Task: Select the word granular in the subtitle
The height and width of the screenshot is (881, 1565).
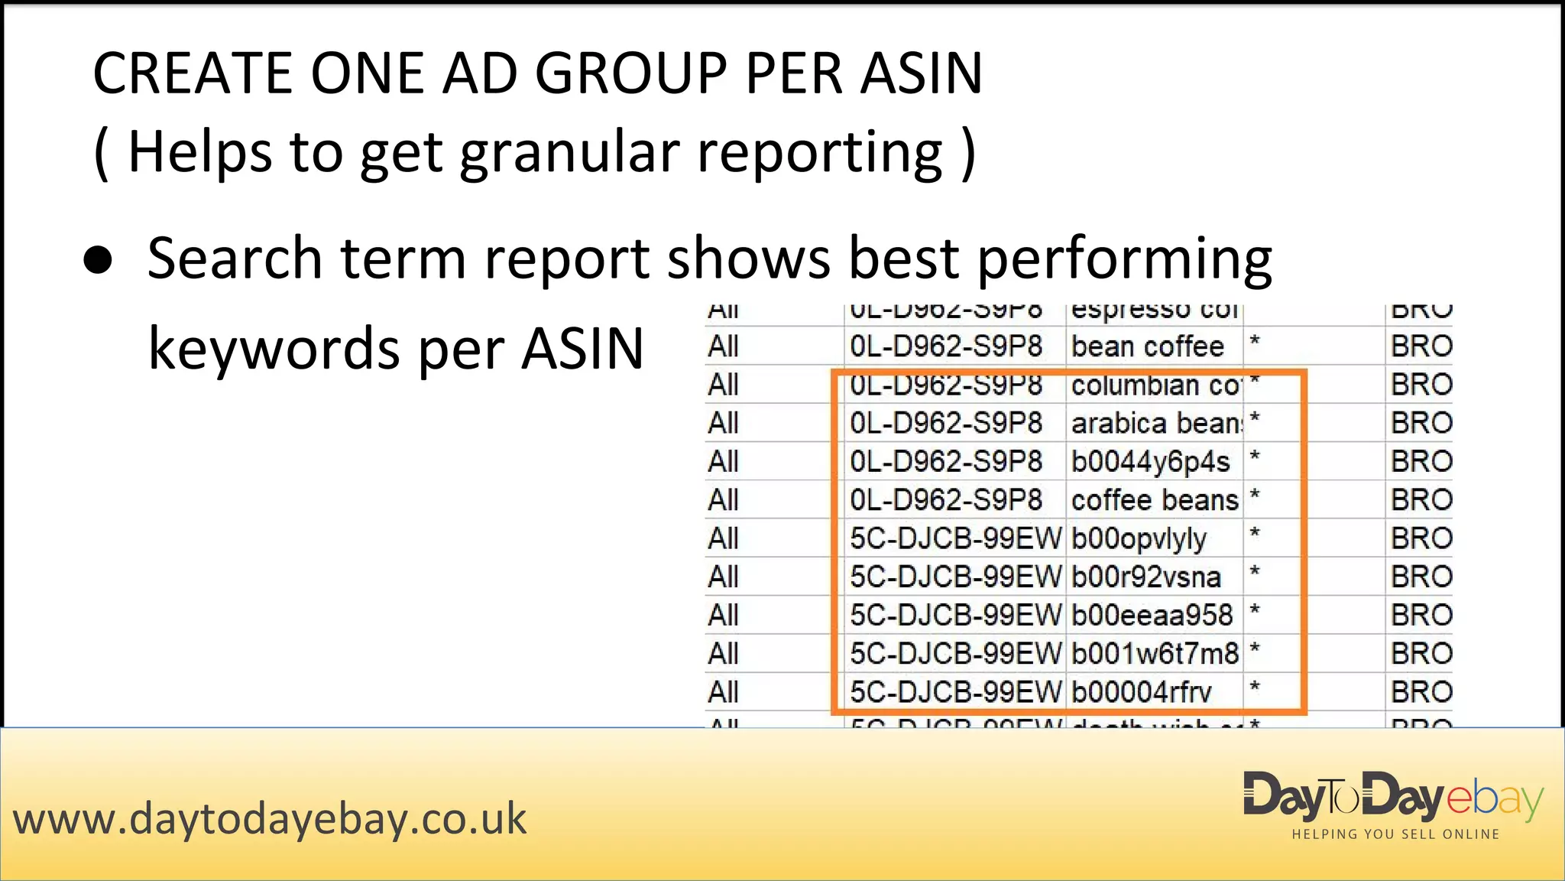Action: pyautogui.click(x=570, y=152)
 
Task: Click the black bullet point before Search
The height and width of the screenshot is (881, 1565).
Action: pyautogui.click(x=98, y=260)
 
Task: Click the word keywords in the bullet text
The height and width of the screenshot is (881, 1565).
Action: pyautogui.click(x=274, y=349)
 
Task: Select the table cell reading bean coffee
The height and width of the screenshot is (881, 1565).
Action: pyautogui.click(x=1147, y=346)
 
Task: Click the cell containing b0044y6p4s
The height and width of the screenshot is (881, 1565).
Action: pyautogui.click(x=1150, y=462)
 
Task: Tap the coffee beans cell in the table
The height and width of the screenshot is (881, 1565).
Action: pyautogui.click(x=1154, y=500)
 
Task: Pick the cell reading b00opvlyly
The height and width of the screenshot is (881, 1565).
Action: pyautogui.click(x=1139, y=539)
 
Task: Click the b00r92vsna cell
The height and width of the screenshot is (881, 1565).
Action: pyautogui.click(x=1145, y=577)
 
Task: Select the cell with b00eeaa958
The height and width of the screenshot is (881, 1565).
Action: pyautogui.click(x=1152, y=616)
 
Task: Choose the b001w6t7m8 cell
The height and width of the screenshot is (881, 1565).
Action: pyautogui.click(x=1154, y=654)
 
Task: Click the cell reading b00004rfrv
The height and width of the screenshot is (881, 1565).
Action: pyautogui.click(x=1141, y=692)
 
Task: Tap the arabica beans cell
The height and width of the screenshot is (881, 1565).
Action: pyautogui.click(x=1154, y=423)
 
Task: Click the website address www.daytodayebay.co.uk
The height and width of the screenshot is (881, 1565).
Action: pyautogui.click(x=270, y=819)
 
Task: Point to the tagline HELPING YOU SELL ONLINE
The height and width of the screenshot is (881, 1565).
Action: pyautogui.click(x=1395, y=834)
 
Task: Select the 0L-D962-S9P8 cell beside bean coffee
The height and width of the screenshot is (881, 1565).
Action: pyautogui.click(x=946, y=346)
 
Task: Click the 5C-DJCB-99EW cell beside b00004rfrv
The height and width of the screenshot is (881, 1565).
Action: pyautogui.click(x=955, y=692)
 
